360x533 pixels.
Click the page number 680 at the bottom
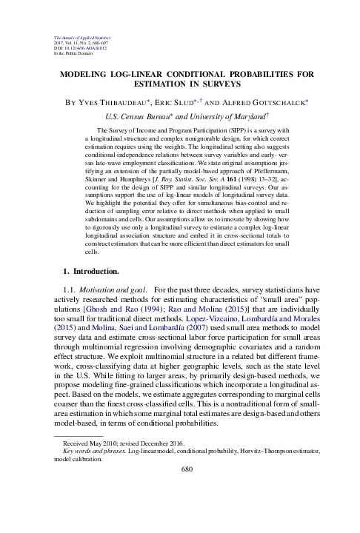pyautogui.click(x=180, y=468)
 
